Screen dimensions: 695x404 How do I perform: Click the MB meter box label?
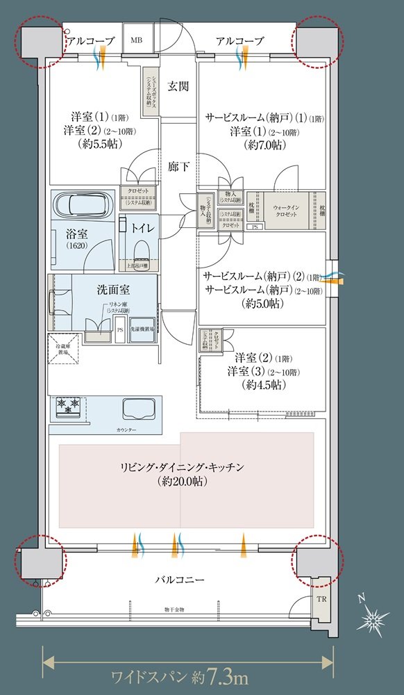135,41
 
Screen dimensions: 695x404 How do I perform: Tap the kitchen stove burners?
68,406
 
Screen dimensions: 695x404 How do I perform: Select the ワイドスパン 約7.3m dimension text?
180,675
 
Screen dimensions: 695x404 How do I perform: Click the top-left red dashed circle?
39,43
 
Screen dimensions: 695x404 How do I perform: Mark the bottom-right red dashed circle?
319,559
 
